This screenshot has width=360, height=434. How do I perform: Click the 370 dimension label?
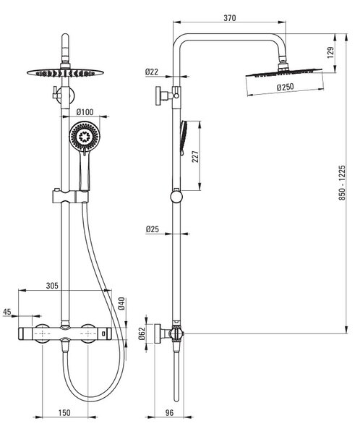(x=230, y=18)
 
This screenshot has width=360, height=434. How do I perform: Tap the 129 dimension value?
(x=330, y=53)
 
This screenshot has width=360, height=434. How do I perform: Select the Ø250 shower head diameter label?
(x=286, y=88)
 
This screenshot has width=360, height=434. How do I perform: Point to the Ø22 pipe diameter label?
(x=152, y=72)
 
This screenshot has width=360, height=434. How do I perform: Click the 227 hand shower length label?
(x=195, y=156)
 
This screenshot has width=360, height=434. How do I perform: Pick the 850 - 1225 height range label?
(x=342, y=183)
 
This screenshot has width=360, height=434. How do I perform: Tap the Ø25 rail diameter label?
(x=153, y=229)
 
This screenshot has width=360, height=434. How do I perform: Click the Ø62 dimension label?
(x=142, y=333)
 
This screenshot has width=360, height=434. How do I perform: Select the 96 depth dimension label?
(x=169, y=413)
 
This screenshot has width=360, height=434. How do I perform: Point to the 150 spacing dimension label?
(x=64, y=413)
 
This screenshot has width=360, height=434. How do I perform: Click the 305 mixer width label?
(x=52, y=286)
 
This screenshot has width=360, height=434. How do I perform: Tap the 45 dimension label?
(x=7, y=312)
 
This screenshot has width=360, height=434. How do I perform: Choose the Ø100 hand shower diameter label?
(x=85, y=112)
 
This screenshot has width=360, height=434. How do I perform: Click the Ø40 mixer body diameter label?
(x=121, y=303)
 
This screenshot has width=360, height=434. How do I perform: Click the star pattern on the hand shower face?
(x=84, y=137)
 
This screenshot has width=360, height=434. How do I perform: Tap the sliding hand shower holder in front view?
(x=70, y=196)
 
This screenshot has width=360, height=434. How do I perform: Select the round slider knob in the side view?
(x=176, y=197)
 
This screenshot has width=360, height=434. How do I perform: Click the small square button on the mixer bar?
(x=103, y=333)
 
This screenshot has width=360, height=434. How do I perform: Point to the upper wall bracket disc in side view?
(x=158, y=95)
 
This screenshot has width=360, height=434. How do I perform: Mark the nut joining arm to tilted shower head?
(x=283, y=65)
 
